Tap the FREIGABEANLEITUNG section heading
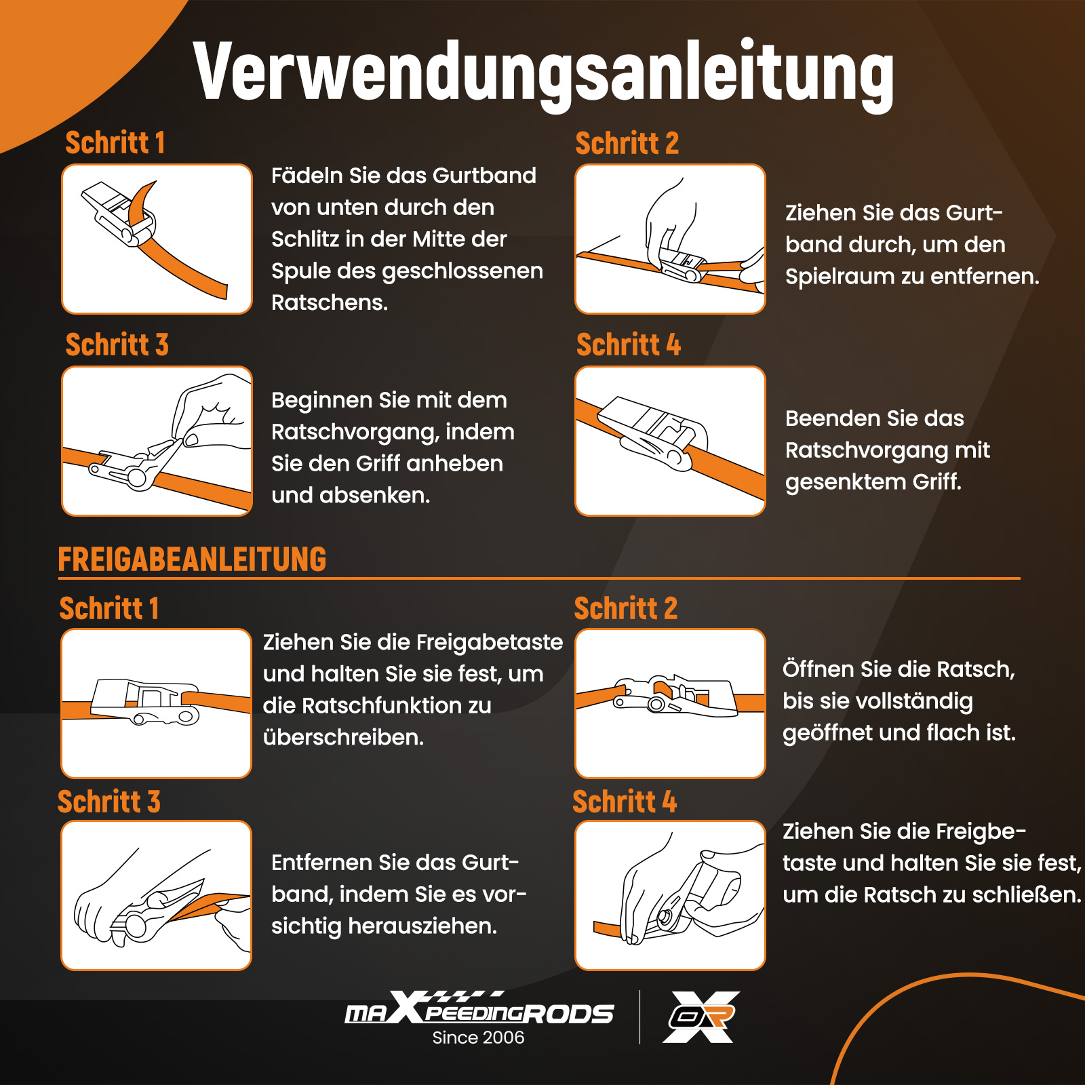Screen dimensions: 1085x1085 [192, 559]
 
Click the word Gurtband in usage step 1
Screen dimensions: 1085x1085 [484, 176]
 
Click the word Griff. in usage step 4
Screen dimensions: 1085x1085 [937, 481]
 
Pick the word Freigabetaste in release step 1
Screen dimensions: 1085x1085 [489, 642]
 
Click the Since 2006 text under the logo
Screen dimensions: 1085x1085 [478, 1038]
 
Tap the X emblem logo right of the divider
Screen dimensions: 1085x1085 [701, 1017]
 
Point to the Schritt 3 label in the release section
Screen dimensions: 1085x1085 [109, 802]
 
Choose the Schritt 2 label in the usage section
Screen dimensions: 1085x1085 [627, 143]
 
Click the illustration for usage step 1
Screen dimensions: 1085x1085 [157, 239]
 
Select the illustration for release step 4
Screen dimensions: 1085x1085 [670, 895]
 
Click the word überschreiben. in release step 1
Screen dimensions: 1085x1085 [343, 737]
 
